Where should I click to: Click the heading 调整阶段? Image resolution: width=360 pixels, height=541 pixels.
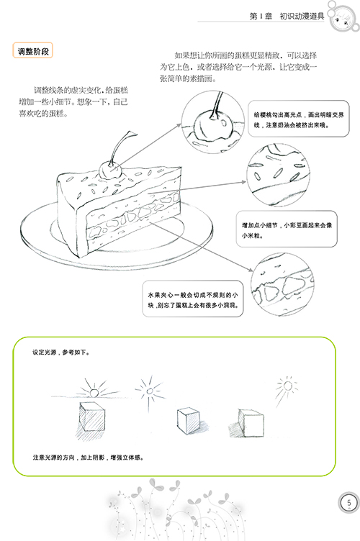tap(33, 50)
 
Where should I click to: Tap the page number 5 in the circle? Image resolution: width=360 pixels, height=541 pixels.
tap(348, 502)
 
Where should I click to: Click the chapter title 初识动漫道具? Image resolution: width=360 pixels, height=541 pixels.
tap(302, 16)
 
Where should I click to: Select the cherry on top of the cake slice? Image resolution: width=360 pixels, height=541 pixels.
tap(110, 171)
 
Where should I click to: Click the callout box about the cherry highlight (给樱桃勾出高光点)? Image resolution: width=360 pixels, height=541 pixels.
tap(299, 119)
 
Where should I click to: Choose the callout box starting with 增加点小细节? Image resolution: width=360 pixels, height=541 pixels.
tap(287, 229)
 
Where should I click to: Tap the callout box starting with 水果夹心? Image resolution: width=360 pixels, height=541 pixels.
tap(193, 299)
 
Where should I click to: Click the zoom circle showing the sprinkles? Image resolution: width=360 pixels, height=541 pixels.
tap(278, 175)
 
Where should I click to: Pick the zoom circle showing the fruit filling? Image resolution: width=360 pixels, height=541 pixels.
tap(282, 284)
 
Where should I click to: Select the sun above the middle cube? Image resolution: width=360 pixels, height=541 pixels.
tap(150, 392)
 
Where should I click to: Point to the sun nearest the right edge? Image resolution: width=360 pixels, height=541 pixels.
tap(287, 386)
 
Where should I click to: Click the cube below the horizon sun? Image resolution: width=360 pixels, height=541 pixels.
tap(91, 417)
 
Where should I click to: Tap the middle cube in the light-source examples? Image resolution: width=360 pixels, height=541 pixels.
tap(189, 421)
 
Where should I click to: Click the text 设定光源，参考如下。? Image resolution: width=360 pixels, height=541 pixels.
tap(61, 353)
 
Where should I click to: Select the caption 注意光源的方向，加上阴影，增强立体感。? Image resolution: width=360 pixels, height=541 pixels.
tap(88, 458)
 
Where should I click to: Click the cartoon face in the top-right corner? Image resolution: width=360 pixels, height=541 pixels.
tap(343, 18)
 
